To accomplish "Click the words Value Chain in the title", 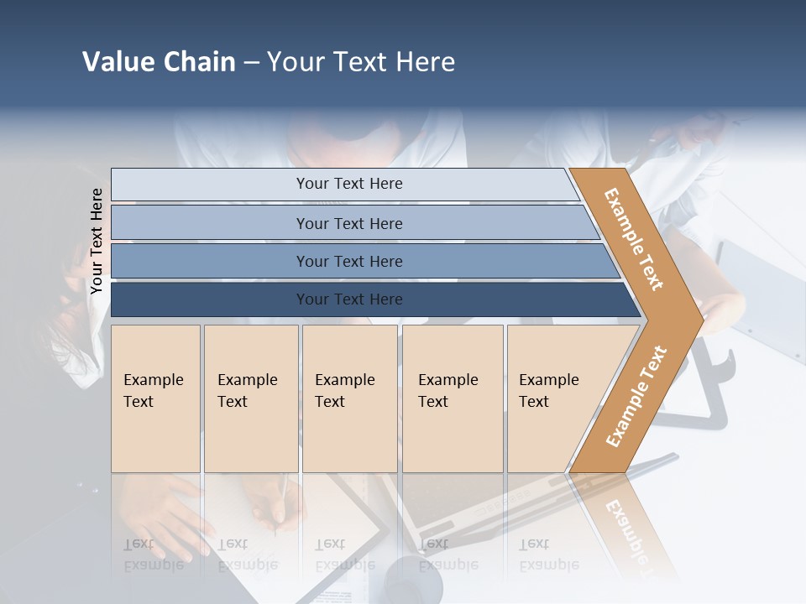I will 159,62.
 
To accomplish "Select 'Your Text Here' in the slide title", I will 361,62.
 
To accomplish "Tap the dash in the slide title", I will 251,63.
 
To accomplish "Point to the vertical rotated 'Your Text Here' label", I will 97,241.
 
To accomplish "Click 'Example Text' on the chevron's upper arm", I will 634,239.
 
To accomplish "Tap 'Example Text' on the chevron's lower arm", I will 636,396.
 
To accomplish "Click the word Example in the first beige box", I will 153,380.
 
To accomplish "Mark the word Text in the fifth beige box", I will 533,402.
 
